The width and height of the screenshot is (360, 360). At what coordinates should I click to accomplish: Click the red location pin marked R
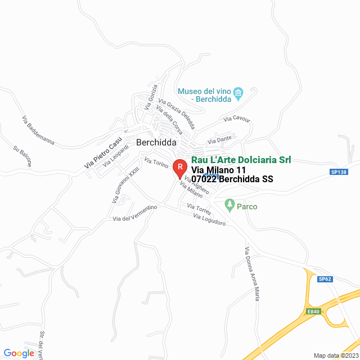coord(179,168)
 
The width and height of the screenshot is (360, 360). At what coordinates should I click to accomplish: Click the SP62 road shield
coord(325,279)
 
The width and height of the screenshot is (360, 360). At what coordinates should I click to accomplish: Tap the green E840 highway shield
coord(313,311)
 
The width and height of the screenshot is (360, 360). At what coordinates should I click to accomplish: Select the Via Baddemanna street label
coord(38,130)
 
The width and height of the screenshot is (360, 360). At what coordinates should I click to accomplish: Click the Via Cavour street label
coord(236,119)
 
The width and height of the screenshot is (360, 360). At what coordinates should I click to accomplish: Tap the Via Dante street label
coord(220,139)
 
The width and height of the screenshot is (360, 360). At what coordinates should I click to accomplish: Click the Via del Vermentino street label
coord(136,213)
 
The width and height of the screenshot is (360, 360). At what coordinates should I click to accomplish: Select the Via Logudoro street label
coord(209,220)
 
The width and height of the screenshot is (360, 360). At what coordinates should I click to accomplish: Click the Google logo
coord(19,353)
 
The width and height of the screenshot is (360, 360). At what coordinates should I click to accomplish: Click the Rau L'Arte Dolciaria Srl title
coord(241,160)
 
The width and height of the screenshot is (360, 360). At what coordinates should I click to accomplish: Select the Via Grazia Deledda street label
coord(176,113)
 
